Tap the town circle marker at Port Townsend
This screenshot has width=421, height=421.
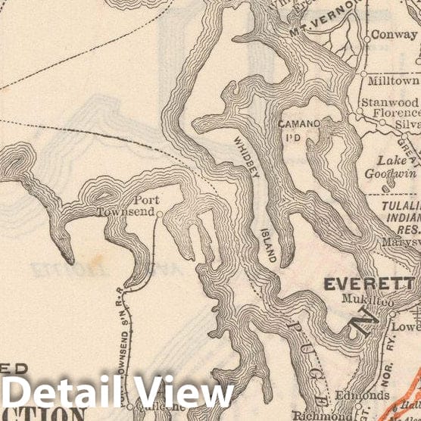(160, 214)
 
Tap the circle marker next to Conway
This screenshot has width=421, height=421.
(366, 36)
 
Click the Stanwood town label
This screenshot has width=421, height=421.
(389, 101)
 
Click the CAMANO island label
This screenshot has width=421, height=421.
(299, 123)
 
